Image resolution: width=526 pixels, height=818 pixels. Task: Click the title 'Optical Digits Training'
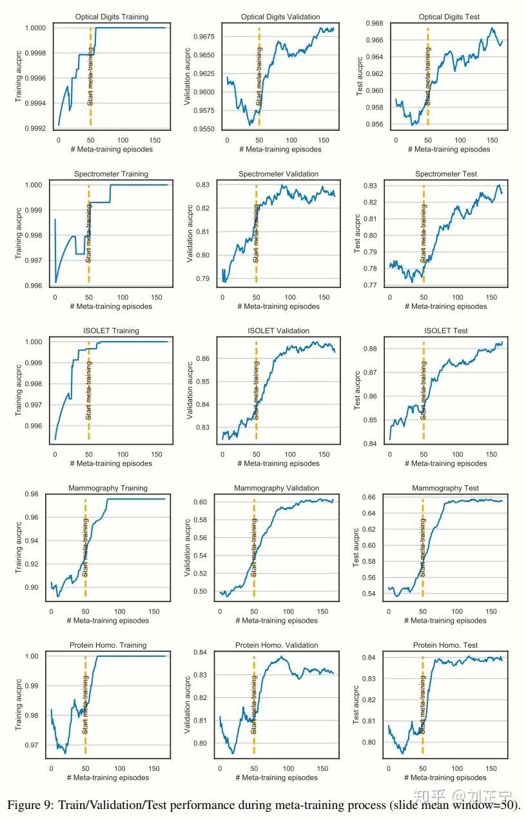112,17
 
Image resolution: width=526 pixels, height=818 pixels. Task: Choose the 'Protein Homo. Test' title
445,645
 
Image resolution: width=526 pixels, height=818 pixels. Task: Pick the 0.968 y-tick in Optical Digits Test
373,23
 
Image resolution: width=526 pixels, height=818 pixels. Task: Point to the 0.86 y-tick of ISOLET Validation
206,358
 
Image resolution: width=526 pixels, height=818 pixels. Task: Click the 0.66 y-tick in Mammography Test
372,498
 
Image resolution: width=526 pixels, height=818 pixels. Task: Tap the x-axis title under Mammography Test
445,621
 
